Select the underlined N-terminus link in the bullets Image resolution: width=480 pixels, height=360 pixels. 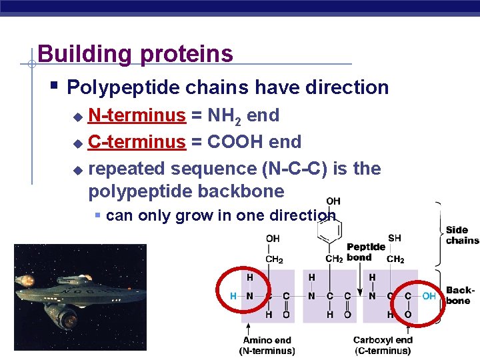pyautogui.click(x=137, y=115)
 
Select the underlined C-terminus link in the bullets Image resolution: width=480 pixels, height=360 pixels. pyautogui.click(x=137, y=142)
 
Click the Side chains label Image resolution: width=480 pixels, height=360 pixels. pyautogui.click(x=461, y=235)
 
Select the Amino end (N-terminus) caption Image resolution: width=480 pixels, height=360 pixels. pyautogui.click(x=267, y=345)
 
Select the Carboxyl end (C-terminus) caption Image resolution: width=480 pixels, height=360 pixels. pyautogui.click(x=382, y=345)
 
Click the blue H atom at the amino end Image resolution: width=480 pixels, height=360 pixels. pyautogui.click(x=233, y=295)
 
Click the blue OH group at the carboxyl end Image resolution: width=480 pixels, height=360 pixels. pyautogui.click(x=429, y=295)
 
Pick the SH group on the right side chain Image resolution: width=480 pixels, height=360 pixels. pyautogui.click(x=395, y=238)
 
